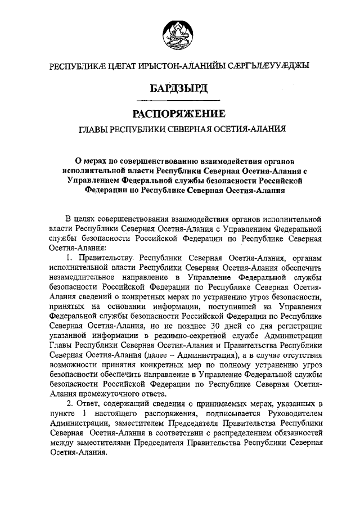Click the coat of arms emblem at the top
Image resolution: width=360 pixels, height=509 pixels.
pyautogui.click(x=179, y=33)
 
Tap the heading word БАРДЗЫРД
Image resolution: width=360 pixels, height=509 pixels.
pyautogui.click(x=179, y=89)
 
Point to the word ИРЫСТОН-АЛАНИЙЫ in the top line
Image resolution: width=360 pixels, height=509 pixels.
pyautogui.click(x=165, y=66)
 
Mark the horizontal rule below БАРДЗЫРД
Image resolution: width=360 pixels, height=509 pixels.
pyautogui.click(x=179, y=100)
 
